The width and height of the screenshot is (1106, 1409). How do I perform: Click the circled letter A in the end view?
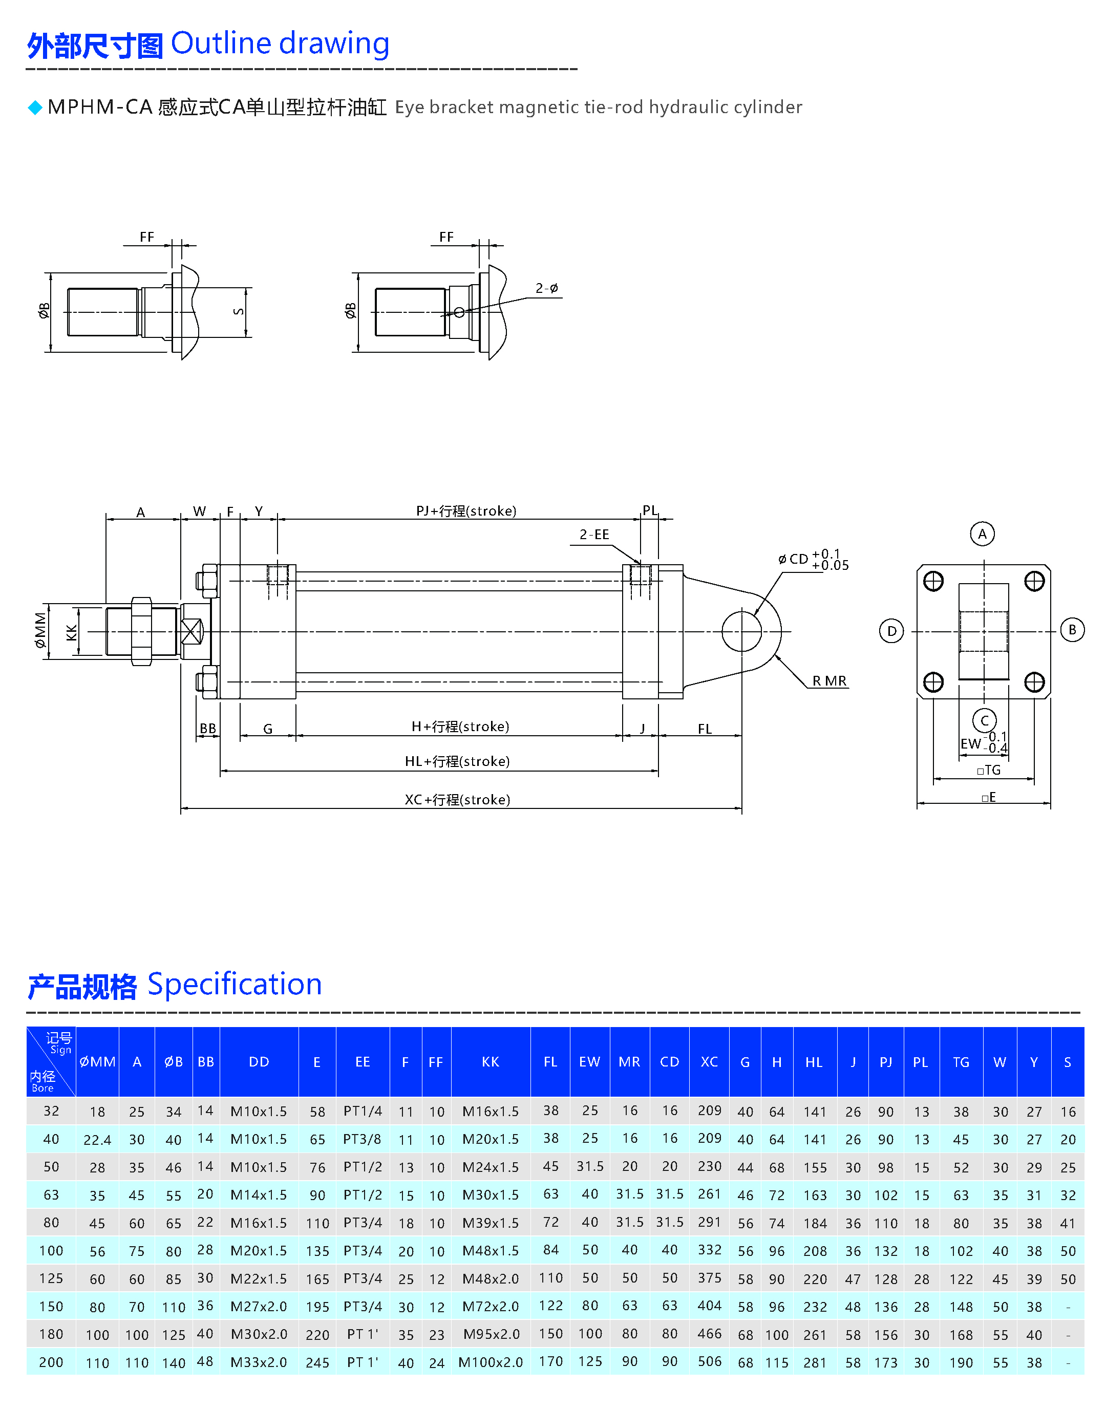tap(982, 534)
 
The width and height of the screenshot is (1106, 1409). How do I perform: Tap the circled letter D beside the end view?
tap(891, 631)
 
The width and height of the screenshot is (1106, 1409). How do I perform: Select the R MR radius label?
tap(829, 681)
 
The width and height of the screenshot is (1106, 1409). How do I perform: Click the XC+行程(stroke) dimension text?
tap(457, 800)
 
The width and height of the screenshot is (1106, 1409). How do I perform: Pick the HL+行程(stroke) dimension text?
tap(457, 761)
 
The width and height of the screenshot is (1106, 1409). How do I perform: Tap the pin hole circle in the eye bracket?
tap(741, 631)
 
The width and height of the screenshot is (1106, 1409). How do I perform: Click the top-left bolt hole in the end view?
tap(933, 582)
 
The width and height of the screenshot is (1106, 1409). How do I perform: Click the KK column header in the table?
tap(490, 1062)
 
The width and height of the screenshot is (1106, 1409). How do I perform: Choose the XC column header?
tap(709, 1062)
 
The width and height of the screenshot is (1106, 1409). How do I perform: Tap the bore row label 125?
tap(51, 1278)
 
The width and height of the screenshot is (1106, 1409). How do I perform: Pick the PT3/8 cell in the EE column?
tap(362, 1139)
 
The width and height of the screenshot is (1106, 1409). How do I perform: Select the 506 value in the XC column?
tap(709, 1362)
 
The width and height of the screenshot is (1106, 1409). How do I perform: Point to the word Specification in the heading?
tap(235, 985)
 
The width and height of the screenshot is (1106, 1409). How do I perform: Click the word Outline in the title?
tap(220, 44)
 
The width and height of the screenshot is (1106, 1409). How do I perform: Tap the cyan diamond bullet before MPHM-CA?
tap(35, 108)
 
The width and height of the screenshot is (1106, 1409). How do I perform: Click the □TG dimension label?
tap(989, 771)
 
